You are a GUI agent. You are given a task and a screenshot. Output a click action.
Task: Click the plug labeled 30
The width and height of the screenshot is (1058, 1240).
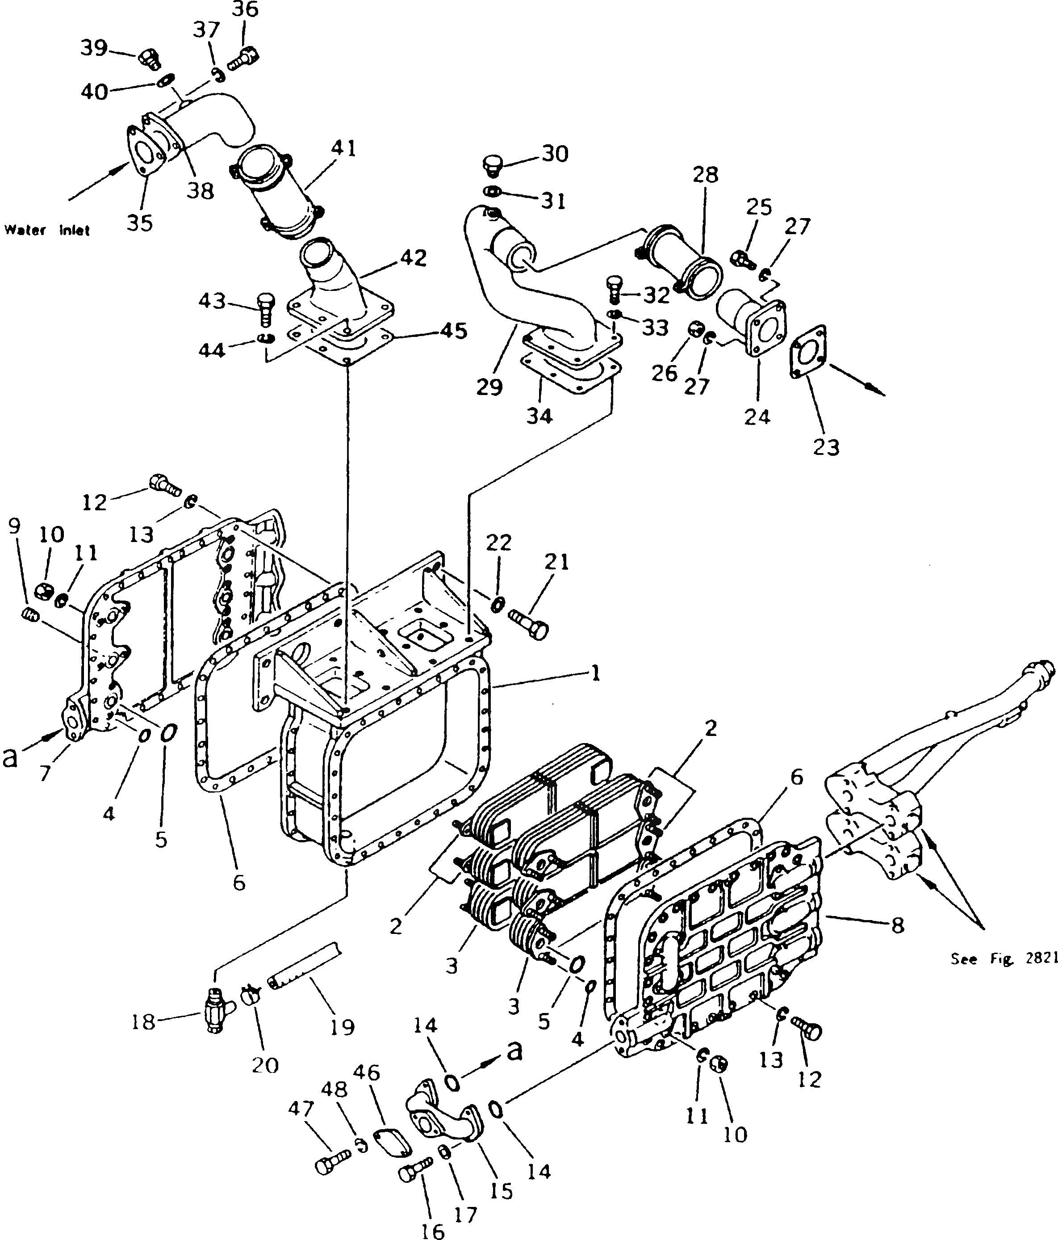(x=492, y=166)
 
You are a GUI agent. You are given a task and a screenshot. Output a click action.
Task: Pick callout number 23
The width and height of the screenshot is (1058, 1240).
(x=826, y=446)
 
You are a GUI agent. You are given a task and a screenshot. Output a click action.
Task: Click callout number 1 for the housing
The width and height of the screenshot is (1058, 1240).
(x=594, y=674)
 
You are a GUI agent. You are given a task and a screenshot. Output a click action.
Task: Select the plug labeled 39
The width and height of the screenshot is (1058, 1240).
(x=150, y=59)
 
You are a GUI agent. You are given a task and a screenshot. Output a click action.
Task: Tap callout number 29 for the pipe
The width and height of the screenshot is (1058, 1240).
(x=489, y=387)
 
